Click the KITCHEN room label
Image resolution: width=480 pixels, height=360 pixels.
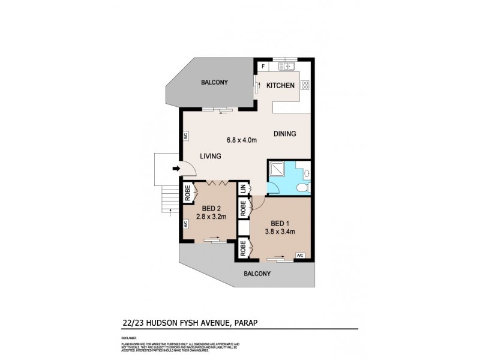point(280,86)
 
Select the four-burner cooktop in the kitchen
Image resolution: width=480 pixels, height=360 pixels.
point(304,85)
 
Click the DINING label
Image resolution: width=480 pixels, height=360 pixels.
point(285,134)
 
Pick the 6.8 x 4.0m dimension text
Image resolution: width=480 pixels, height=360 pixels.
point(242,140)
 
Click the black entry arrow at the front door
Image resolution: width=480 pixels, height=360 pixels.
point(176,169)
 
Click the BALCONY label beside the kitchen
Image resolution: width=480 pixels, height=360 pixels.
point(215,82)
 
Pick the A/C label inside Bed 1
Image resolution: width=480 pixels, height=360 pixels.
point(300,256)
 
